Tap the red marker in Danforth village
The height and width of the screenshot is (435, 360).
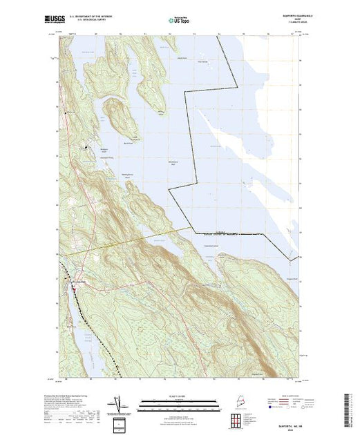click(x=75, y=280)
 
